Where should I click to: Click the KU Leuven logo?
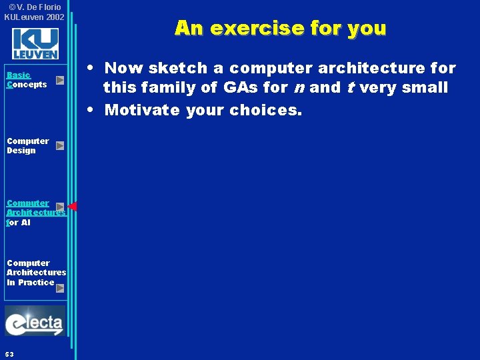pyautogui.click(x=35, y=43)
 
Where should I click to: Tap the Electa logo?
pyautogui.click(x=35, y=321)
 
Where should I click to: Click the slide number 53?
pyautogui.click(x=9, y=353)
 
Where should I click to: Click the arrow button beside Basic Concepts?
pyautogui.click(x=60, y=80)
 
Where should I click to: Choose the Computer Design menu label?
pyautogui.click(x=27, y=145)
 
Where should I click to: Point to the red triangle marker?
pyautogui.click(x=73, y=207)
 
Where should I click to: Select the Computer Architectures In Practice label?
pyautogui.click(x=36, y=272)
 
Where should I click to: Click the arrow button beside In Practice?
pyautogui.click(x=60, y=288)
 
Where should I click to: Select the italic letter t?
pyautogui.click(x=349, y=88)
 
